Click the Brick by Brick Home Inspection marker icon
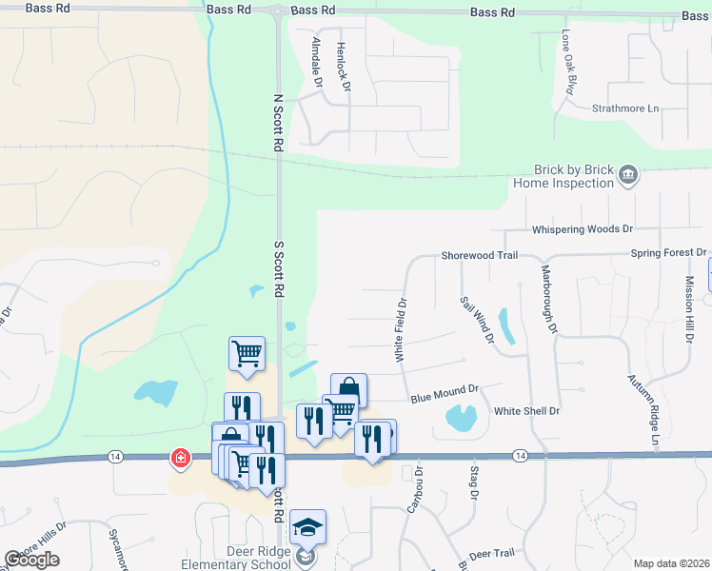point(628,174)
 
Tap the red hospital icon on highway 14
point(179,459)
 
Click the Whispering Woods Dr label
point(583,229)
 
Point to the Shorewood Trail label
point(479,256)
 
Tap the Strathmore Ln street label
point(625,108)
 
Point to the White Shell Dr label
point(526,411)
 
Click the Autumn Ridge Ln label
point(643,410)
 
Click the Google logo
point(32,560)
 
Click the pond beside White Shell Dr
point(461,417)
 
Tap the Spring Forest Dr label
point(668,254)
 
